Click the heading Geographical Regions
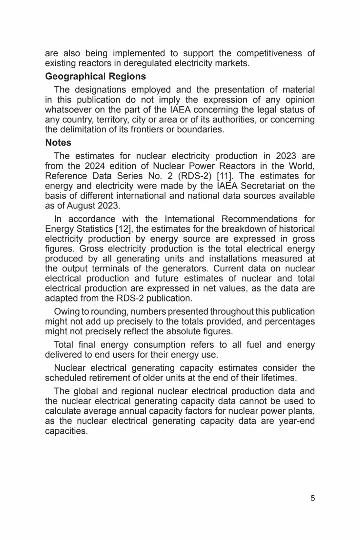pyautogui.click(x=95, y=76)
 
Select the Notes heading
pyautogui.click(x=58, y=142)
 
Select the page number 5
pyautogui.click(x=312, y=499)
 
